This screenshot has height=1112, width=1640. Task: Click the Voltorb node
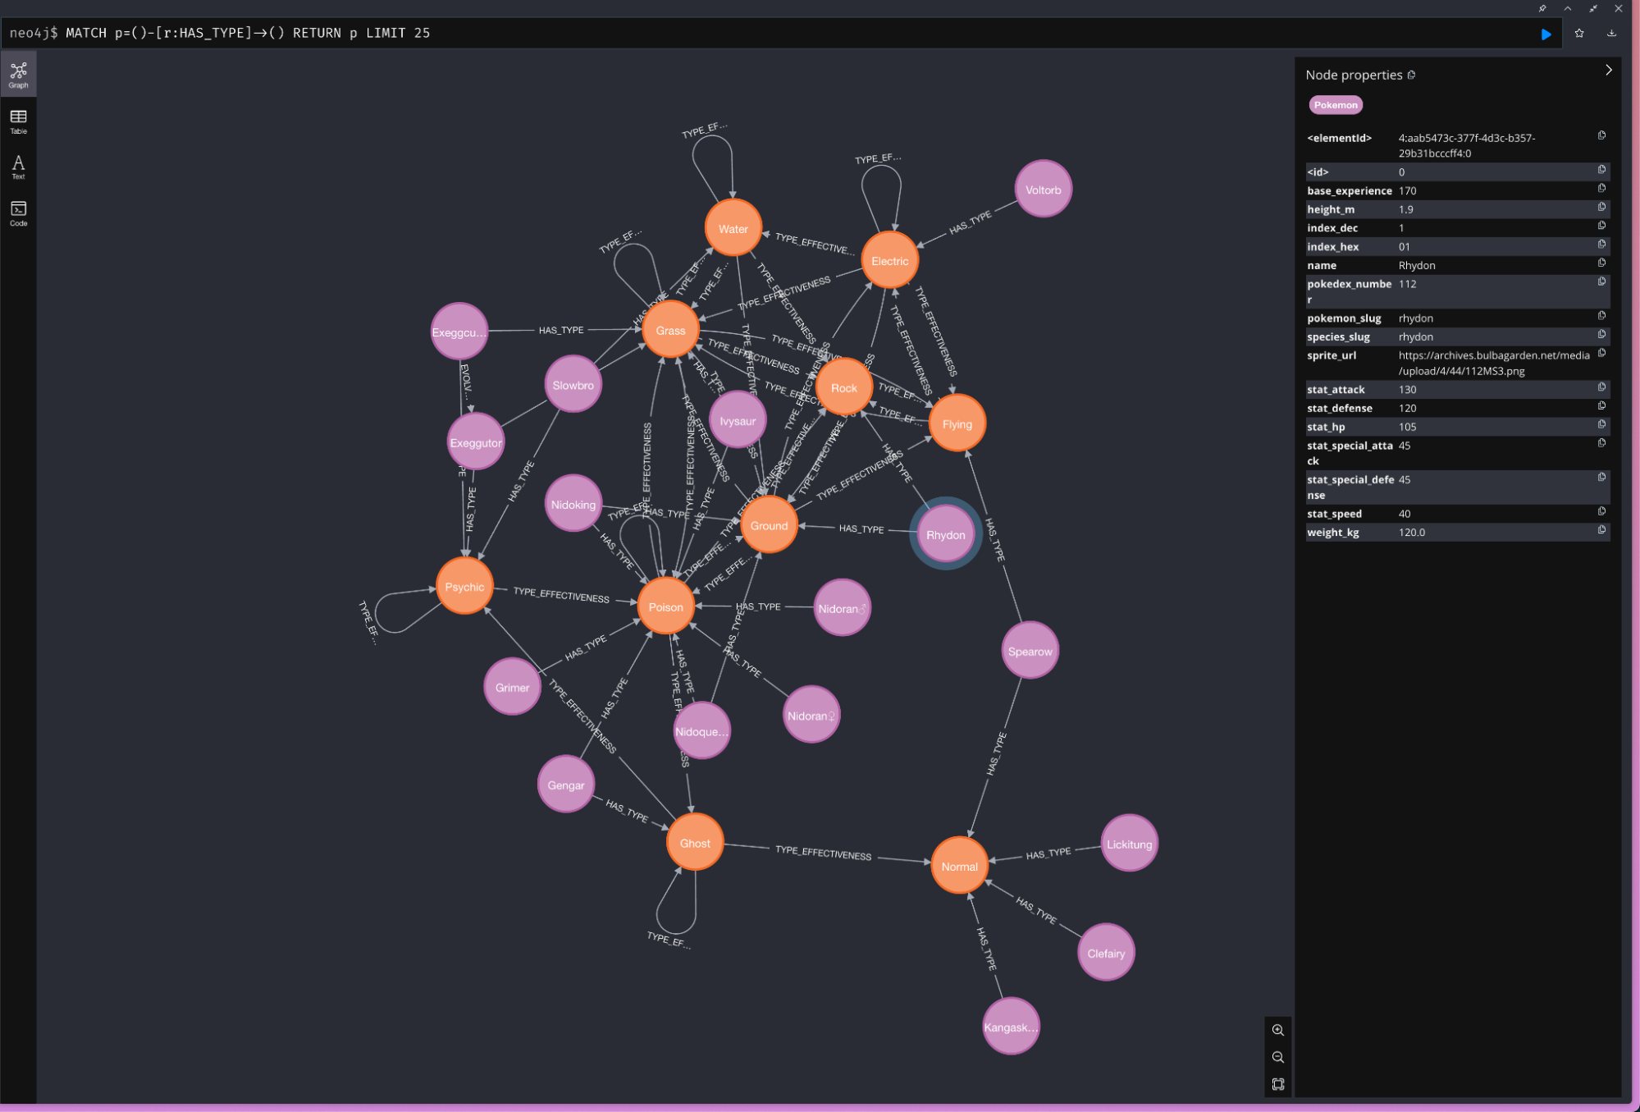pyautogui.click(x=1043, y=190)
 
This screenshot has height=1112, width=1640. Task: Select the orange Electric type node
pyautogui.click(x=889, y=261)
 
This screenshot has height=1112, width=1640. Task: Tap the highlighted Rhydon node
pyautogui.click(x=945, y=535)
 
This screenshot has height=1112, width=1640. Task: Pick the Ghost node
pyautogui.click(x=694, y=843)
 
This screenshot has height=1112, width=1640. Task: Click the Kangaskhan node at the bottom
pyautogui.click(x=1010, y=1027)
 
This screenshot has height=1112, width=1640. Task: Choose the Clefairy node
pyautogui.click(x=1105, y=953)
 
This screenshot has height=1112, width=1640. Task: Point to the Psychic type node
pyautogui.click(x=464, y=587)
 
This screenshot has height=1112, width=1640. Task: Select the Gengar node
pyautogui.click(x=565, y=785)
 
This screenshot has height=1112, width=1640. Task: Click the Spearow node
pyautogui.click(x=1030, y=652)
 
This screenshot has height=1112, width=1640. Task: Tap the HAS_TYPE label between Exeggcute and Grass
pyautogui.click(x=561, y=330)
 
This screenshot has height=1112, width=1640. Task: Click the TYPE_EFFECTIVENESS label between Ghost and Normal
pyautogui.click(x=823, y=853)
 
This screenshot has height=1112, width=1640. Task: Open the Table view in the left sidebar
pyautogui.click(x=18, y=121)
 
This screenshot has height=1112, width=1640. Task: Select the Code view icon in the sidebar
pyautogui.click(x=18, y=213)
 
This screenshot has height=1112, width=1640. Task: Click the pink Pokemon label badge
pyautogui.click(x=1335, y=105)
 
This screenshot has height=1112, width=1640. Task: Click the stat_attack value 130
pyautogui.click(x=1407, y=390)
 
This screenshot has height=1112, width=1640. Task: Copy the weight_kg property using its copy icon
pyautogui.click(x=1601, y=530)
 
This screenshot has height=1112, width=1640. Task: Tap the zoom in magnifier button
pyautogui.click(x=1277, y=1030)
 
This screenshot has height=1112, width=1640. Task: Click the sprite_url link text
pyautogui.click(x=1493, y=363)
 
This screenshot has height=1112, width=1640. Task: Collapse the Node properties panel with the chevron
pyautogui.click(x=1608, y=71)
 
